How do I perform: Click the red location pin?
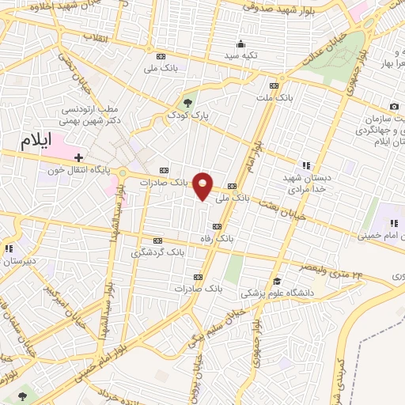tap(204, 185)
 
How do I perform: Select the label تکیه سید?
tap(240, 57)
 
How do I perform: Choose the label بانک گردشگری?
tap(157, 252)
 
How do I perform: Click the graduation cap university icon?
tap(277, 281)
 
